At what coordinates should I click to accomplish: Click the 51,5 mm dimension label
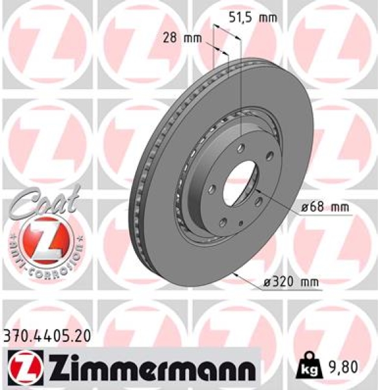[x=249, y=18]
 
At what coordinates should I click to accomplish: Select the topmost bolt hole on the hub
[x=240, y=148]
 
